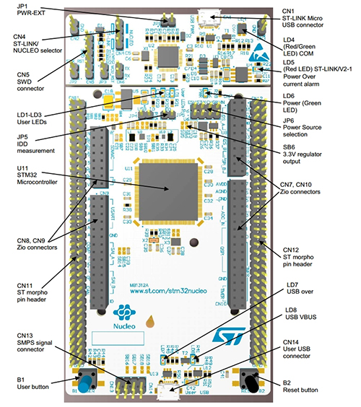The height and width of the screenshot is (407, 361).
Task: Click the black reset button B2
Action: [x=249, y=380]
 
